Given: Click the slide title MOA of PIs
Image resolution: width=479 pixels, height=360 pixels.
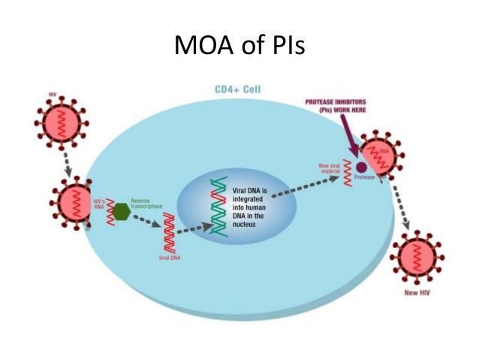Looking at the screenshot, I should point(239,47).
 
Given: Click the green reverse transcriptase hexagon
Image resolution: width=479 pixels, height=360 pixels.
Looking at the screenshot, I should point(121,212).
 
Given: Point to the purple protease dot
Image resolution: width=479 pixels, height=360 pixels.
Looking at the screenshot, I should point(360,168).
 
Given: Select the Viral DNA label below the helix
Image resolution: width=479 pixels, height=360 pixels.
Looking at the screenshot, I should point(170,257).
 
